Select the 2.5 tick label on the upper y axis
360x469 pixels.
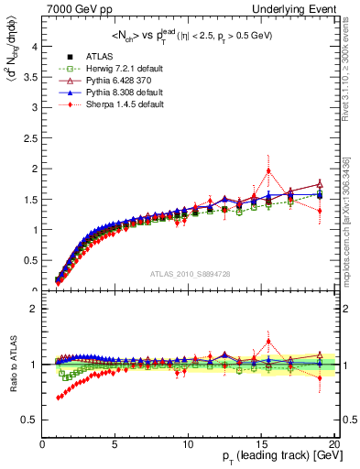(29, 138)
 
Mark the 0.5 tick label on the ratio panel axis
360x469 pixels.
(29, 420)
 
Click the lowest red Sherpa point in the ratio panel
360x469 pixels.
(58, 398)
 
